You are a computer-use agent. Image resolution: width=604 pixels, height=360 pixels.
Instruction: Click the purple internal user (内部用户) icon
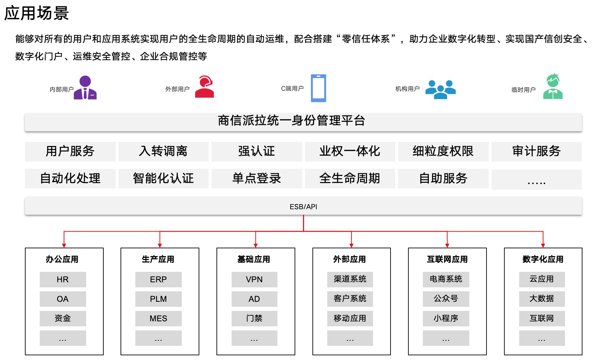pos(85,88)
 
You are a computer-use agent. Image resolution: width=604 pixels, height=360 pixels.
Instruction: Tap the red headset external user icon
pos(204,87)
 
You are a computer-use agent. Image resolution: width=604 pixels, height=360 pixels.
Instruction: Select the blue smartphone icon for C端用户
pos(318,88)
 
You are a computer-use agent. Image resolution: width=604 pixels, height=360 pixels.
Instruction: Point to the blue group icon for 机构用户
pos(440,89)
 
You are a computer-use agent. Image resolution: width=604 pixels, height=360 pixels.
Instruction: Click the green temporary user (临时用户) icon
pos(553,87)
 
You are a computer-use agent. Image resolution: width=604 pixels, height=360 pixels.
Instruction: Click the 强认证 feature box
pos(257,151)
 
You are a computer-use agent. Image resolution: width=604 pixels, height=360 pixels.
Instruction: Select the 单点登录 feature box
pos(257,178)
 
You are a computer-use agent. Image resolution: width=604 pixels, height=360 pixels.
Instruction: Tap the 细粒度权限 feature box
pos(443,151)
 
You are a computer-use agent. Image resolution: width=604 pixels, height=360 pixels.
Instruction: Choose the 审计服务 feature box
pos(536,151)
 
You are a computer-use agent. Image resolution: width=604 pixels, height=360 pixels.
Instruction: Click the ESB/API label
pos(303,207)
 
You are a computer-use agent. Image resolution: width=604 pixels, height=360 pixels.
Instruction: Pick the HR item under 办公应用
pos(63,279)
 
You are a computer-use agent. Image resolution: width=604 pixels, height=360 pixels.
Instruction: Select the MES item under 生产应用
pos(158,318)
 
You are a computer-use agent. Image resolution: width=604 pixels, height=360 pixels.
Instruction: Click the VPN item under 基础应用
pos(254,279)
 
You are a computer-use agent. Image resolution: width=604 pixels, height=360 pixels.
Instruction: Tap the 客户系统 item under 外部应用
pos(350,299)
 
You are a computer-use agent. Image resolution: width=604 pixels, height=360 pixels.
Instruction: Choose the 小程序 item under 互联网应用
pos(446,318)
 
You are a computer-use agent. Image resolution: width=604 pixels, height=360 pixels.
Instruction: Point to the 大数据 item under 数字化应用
pos(541,299)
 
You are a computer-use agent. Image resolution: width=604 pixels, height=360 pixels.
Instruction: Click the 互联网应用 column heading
pos(447,259)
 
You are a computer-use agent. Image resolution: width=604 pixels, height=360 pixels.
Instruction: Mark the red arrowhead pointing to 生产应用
pos(160,245)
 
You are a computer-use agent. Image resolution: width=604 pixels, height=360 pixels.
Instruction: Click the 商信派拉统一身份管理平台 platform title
pos(292,121)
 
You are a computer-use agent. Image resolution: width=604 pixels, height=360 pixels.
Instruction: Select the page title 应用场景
pos(36,13)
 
